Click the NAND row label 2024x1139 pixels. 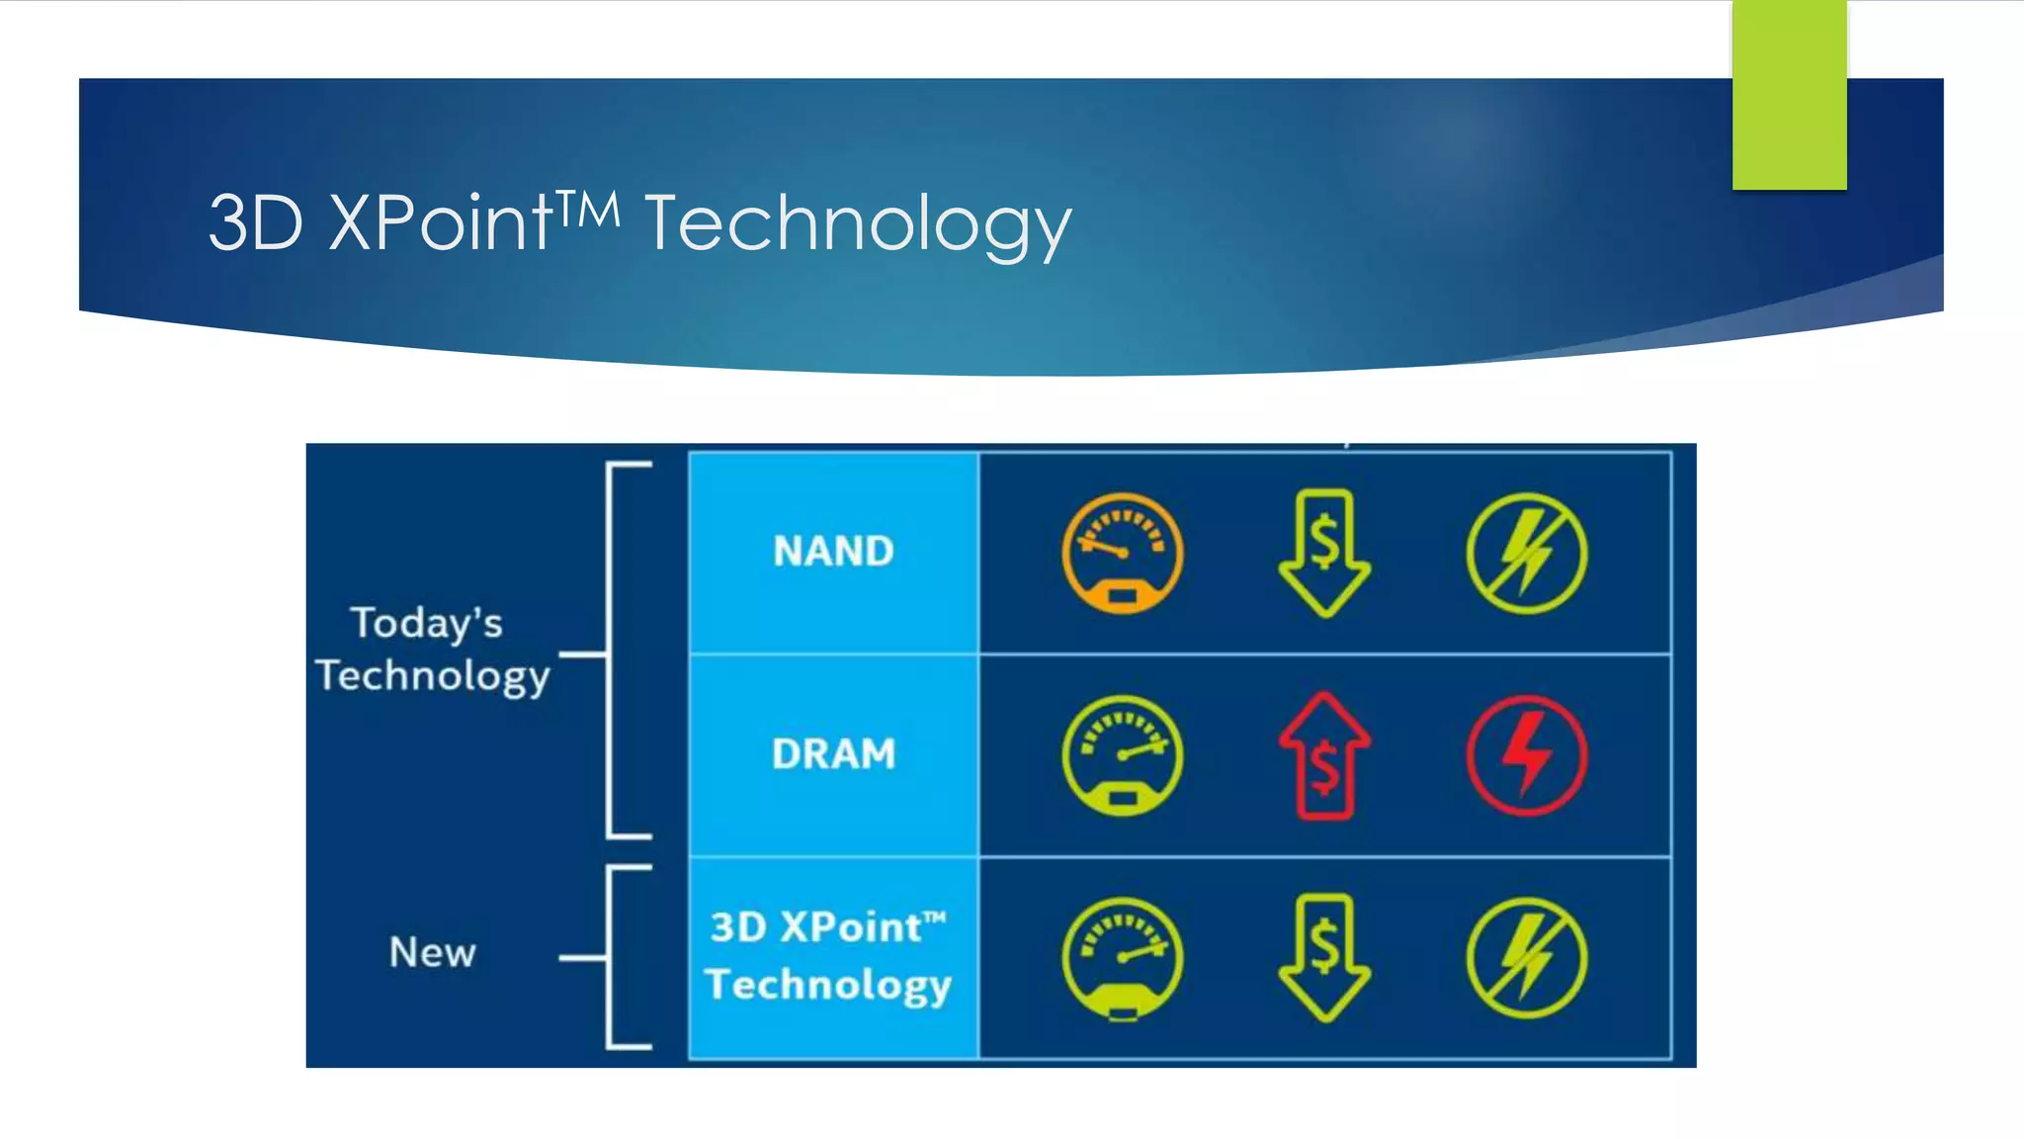(833, 551)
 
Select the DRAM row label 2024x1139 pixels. (833, 754)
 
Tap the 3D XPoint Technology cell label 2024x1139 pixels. (828, 956)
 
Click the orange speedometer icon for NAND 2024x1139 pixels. (1122, 554)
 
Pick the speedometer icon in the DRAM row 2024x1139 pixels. (1122, 756)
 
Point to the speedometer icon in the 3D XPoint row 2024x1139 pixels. (1122, 958)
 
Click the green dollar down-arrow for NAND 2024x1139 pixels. (1324, 553)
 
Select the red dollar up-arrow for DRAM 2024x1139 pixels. (1324, 756)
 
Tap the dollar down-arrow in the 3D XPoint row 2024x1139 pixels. (1324, 957)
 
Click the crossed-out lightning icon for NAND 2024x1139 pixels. (1526, 554)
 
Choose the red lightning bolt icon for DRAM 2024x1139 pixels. (1526, 756)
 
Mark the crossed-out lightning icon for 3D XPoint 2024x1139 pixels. (1526, 958)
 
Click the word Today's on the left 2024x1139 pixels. (427, 624)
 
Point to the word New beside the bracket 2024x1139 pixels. (432, 952)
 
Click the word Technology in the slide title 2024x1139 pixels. (858, 225)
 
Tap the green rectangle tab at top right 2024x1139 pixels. (1789, 95)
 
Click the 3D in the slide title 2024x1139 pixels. (255, 223)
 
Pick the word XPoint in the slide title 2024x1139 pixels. (440, 223)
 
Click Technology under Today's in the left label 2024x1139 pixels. (433, 677)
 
